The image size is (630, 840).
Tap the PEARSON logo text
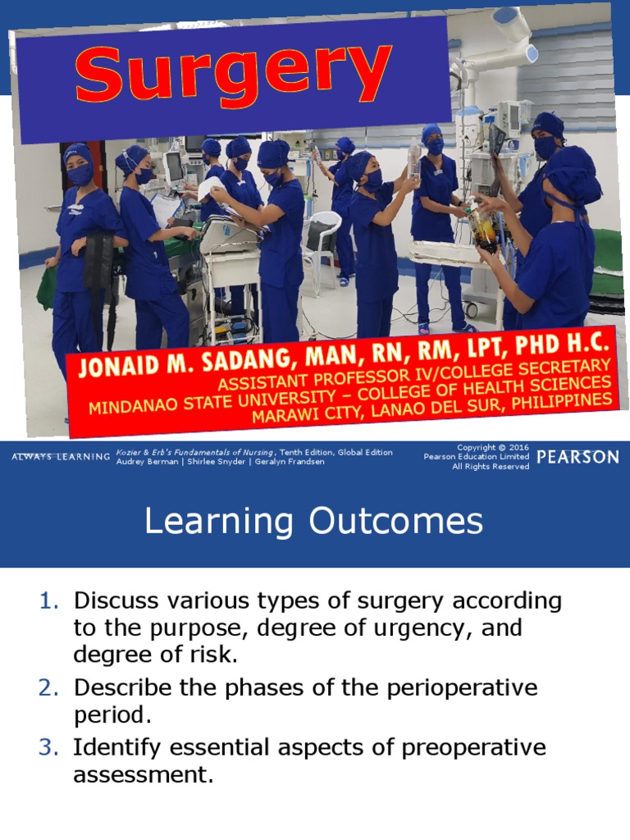coord(578,457)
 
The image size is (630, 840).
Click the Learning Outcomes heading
coord(314,522)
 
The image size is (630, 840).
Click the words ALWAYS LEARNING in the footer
coord(61,457)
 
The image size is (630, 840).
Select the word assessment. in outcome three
coord(144,774)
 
